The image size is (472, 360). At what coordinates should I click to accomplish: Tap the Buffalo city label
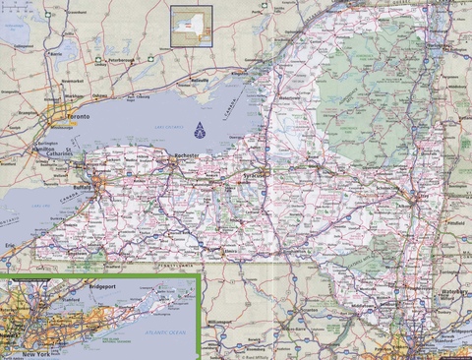(84, 184)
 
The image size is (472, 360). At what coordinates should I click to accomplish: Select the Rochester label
(185, 156)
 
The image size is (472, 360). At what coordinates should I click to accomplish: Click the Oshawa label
(98, 94)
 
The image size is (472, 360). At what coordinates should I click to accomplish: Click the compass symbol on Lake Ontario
(201, 129)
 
